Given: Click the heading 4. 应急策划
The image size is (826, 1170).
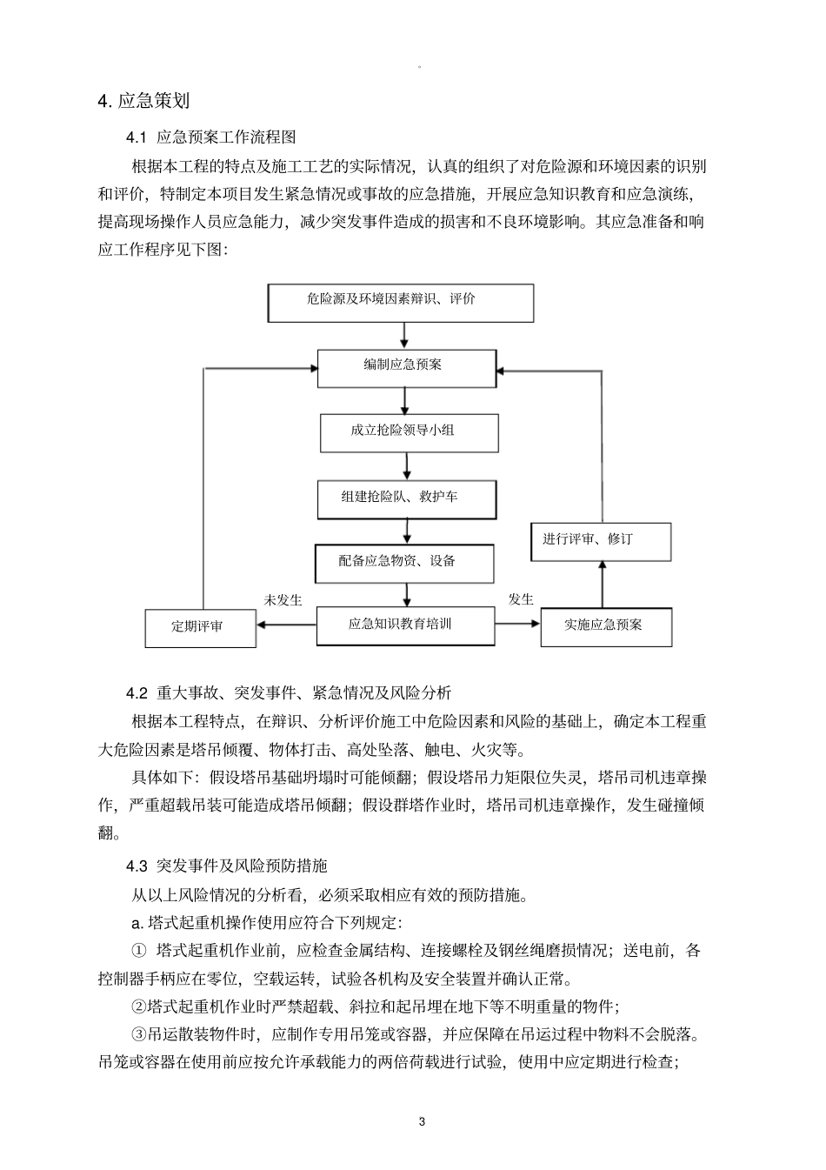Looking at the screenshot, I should [x=143, y=102].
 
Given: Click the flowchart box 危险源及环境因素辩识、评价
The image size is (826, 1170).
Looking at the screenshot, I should [x=401, y=303].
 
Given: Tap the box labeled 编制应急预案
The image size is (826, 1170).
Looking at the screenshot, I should [x=406, y=367].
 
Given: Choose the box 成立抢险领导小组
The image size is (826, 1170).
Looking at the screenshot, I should [x=410, y=432].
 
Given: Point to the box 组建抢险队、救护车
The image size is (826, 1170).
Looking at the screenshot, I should [x=407, y=499].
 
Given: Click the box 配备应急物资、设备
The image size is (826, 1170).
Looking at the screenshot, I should [x=404, y=563].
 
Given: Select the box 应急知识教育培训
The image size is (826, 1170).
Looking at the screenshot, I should [x=405, y=625].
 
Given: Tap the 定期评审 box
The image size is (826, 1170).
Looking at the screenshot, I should [x=200, y=627].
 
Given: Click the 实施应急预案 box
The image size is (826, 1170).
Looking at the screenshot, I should [x=605, y=626].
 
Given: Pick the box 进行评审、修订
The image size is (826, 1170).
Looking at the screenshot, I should [x=601, y=541].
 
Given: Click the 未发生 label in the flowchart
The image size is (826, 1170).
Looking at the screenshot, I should [x=283, y=600].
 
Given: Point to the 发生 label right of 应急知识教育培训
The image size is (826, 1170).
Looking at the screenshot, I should [x=521, y=599].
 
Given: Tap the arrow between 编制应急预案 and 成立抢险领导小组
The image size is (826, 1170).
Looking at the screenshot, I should [x=405, y=400].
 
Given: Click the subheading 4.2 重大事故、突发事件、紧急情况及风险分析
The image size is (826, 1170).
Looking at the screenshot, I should [x=289, y=693].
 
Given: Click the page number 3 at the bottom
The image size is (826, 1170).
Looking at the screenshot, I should [x=423, y=1121].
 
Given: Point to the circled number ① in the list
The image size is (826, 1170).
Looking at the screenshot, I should [x=139, y=951].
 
